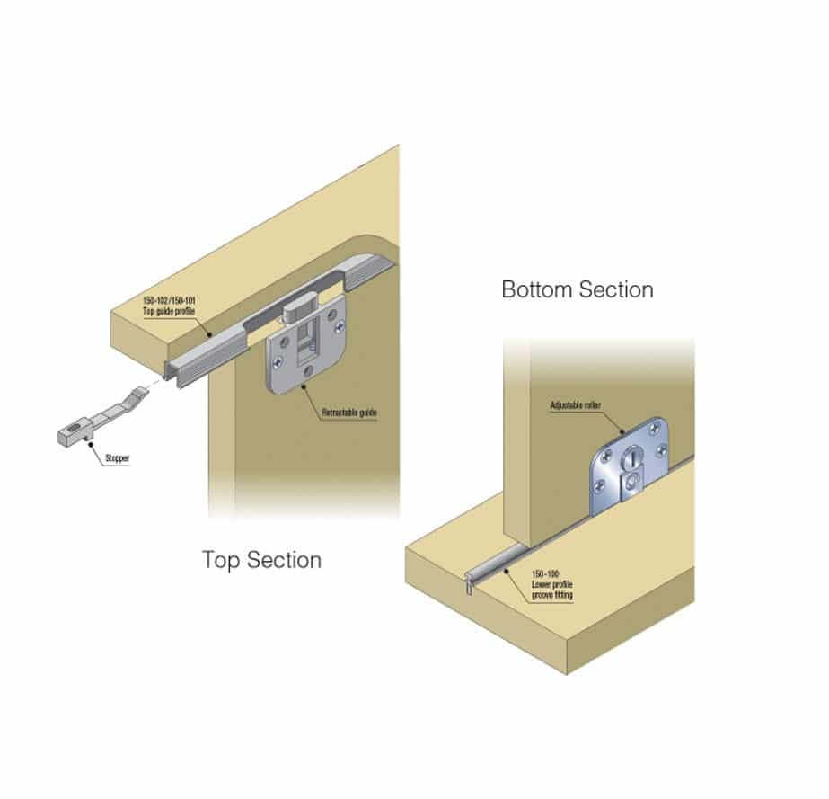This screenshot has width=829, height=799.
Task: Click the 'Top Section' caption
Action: coord(261,560)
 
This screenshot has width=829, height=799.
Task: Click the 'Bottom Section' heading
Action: coord(577,289)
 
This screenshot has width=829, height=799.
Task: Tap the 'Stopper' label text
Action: coord(117,458)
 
